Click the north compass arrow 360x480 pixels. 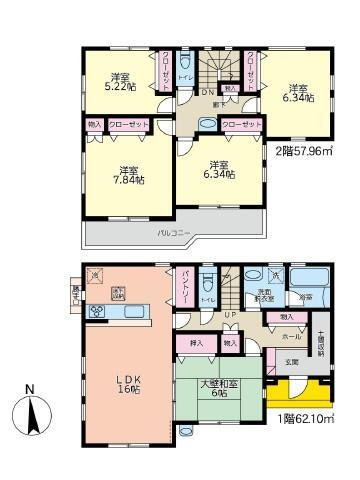[x=37, y=411]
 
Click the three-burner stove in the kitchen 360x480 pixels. [x=99, y=311]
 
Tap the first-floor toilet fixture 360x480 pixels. [x=208, y=281]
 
